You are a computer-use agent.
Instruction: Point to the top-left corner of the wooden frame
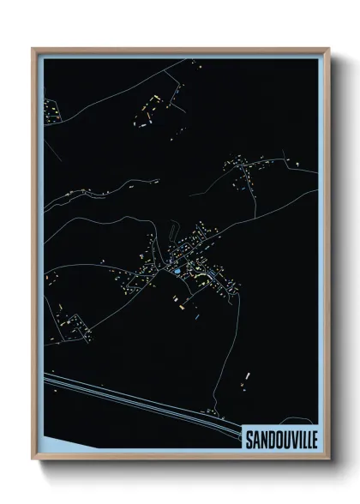(x=33, y=48)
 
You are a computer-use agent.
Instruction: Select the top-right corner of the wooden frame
(x=327, y=48)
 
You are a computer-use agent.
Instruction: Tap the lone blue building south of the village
(x=196, y=316)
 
